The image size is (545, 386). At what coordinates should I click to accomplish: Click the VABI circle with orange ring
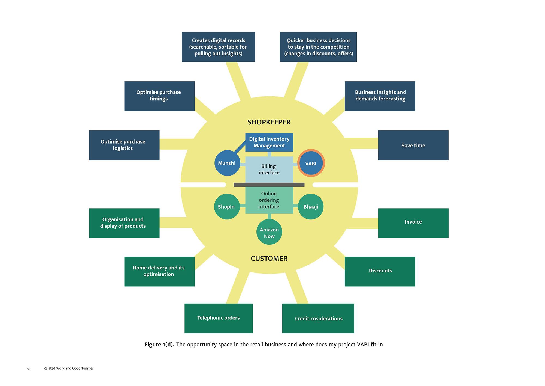[311, 163]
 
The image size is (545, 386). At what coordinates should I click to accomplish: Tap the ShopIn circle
[226, 207]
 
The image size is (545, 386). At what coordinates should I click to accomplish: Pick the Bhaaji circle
[311, 207]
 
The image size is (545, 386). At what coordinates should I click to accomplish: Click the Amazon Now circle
[269, 232]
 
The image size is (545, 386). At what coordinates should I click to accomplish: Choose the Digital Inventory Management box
[269, 142]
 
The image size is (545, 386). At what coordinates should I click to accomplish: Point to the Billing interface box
[269, 170]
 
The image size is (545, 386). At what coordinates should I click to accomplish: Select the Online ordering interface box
[269, 200]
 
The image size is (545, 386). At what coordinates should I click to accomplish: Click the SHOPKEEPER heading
[269, 122]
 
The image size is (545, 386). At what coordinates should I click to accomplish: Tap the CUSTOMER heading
[269, 259]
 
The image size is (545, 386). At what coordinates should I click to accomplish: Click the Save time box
[413, 145]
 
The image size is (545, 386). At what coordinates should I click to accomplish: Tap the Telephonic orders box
[219, 318]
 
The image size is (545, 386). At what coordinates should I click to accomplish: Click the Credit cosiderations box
[318, 318]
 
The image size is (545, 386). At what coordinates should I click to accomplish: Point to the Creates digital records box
[218, 47]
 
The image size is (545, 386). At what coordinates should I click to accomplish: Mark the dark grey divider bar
[269, 185]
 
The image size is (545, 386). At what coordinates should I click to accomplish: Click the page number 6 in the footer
[28, 368]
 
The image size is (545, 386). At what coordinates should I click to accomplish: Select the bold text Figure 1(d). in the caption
[159, 345]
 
